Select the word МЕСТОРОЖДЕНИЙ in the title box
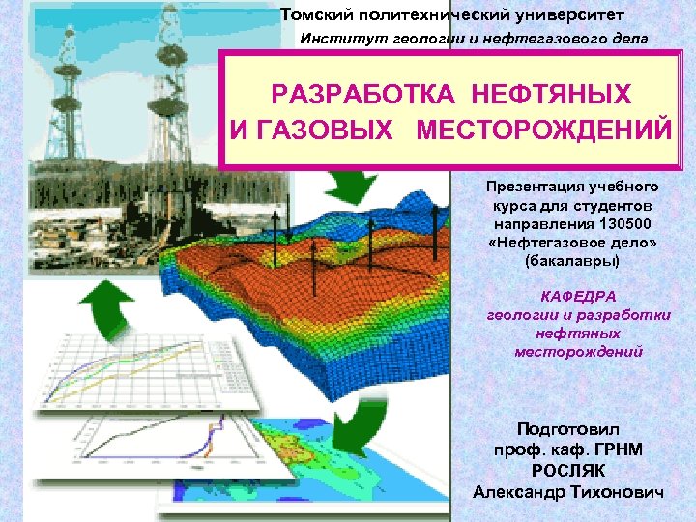pos(543,130)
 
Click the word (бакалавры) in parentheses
pos(571,261)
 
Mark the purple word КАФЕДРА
pos(576,297)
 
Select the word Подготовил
pos(569,428)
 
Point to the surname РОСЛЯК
pos(569,471)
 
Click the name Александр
pos(517,492)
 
